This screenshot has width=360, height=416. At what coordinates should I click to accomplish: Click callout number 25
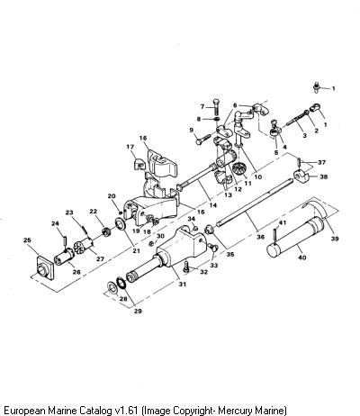point(27,240)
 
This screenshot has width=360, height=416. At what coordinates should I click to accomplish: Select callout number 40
point(302,258)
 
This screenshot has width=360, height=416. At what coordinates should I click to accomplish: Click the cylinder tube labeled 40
point(296,237)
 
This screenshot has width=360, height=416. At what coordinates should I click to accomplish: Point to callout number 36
point(261,237)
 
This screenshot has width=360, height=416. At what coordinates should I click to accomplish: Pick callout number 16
point(143,138)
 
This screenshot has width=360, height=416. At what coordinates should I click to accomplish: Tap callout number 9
point(192,131)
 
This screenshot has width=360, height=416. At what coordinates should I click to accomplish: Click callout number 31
point(183,284)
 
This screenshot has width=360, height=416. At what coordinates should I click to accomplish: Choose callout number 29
point(138,312)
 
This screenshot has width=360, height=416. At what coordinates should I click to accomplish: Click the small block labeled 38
point(301,176)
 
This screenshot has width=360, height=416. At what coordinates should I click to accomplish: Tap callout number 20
point(112,196)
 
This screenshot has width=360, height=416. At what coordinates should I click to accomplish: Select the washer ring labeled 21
point(121,224)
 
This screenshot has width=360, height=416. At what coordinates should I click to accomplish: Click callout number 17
point(130,147)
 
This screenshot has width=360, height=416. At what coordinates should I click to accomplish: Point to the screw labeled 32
point(186,267)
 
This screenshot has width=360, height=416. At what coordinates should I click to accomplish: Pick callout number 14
point(213,205)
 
